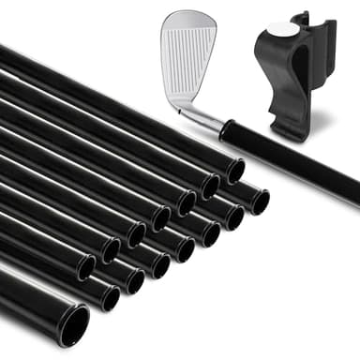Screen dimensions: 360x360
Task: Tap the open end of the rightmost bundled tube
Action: click(x=257, y=201)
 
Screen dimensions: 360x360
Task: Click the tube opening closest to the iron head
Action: click(x=234, y=171)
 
